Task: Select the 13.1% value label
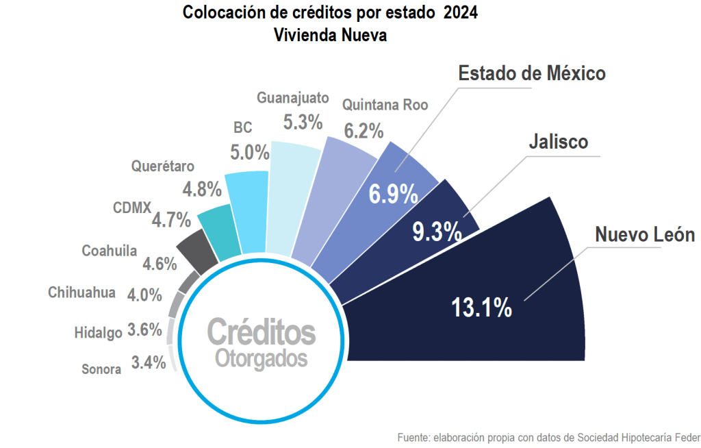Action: [x=481, y=308]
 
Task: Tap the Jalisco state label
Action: [x=558, y=142]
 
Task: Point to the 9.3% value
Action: [x=436, y=232]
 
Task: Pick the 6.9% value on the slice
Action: [x=393, y=195]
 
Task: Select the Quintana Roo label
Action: [x=385, y=105]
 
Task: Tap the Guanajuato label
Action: [x=293, y=97]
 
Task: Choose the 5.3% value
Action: [x=303, y=123]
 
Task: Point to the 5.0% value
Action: [x=249, y=152]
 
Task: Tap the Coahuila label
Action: [x=110, y=251]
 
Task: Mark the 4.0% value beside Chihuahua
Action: [x=144, y=295]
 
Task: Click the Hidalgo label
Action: [x=98, y=333]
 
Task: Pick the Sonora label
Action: [x=101, y=369]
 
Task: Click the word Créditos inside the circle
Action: [x=261, y=332]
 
